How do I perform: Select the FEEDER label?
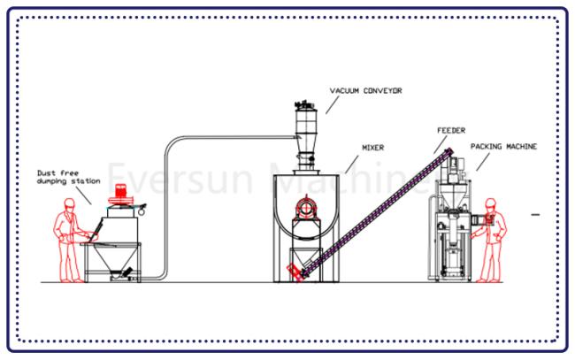point(450,130)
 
